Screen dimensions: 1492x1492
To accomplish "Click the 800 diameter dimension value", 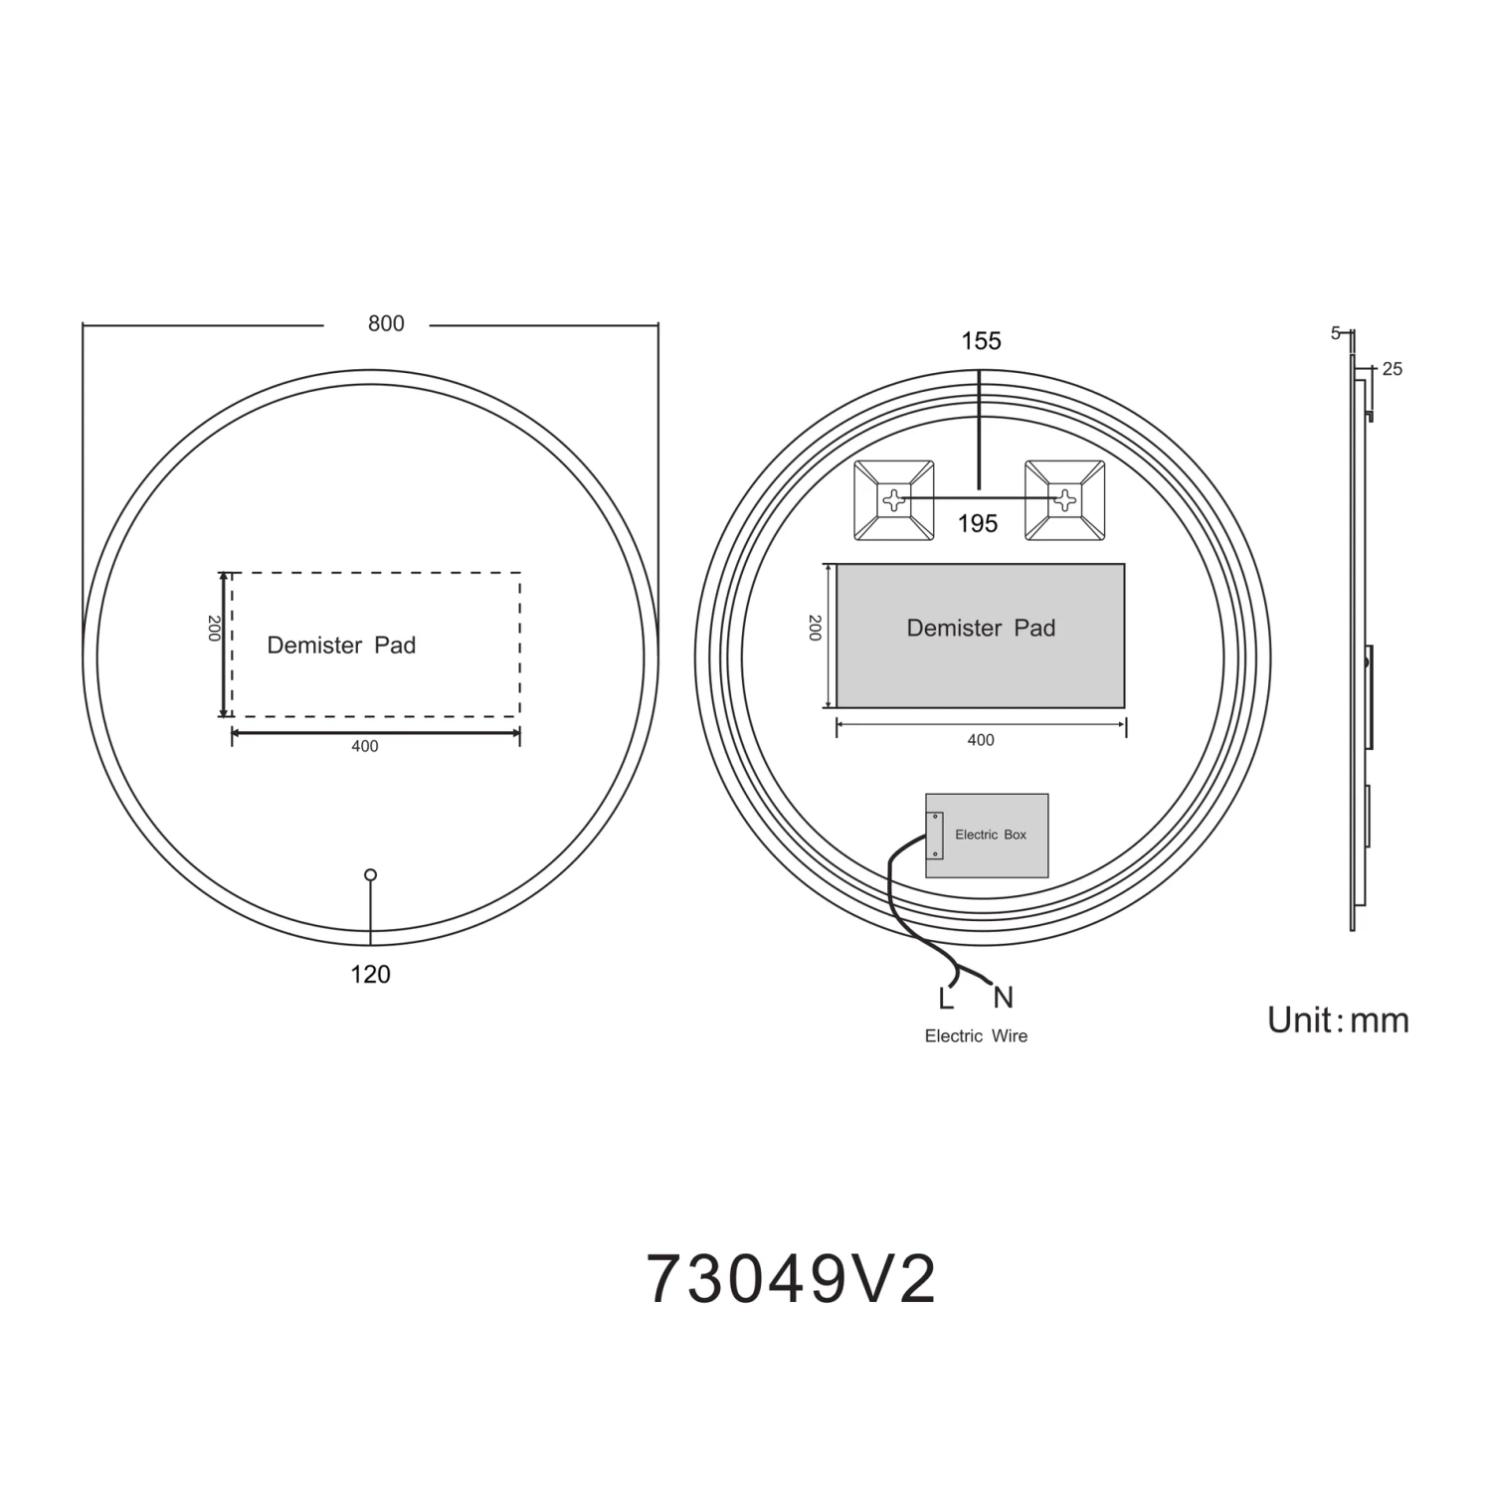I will coord(386,323).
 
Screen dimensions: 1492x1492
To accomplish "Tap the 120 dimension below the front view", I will coord(370,975).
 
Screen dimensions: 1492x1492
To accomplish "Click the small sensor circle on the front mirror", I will coord(371,875).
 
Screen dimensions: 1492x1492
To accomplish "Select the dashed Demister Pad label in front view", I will coord(341,646).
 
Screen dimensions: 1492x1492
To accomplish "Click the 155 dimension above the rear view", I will coord(981,341).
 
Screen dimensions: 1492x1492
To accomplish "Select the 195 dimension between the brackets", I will coord(978,524).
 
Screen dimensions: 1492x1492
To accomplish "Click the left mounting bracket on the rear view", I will coord(893,501).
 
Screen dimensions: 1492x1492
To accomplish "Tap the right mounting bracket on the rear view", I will coord(1064,501).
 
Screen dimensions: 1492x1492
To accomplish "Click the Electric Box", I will coord(987,836).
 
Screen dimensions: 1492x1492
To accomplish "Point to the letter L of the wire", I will coord(946,999).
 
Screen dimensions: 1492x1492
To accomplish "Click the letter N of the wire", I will coord(1003,998).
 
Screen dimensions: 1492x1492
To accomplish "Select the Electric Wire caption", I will coord(976,1036).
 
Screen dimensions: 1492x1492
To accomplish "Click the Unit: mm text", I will coord(1338,1021).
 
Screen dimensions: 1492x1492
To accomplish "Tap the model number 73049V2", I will coord(792,1280).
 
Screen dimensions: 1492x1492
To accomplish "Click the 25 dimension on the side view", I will coord(1392,369).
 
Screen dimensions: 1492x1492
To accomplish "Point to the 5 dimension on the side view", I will coord(1336,333).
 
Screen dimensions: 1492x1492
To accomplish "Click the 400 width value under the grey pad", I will coord(981,740).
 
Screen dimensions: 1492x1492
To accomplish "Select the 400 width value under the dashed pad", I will coord(365,747).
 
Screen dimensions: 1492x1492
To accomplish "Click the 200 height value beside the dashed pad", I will coord(214,629).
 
